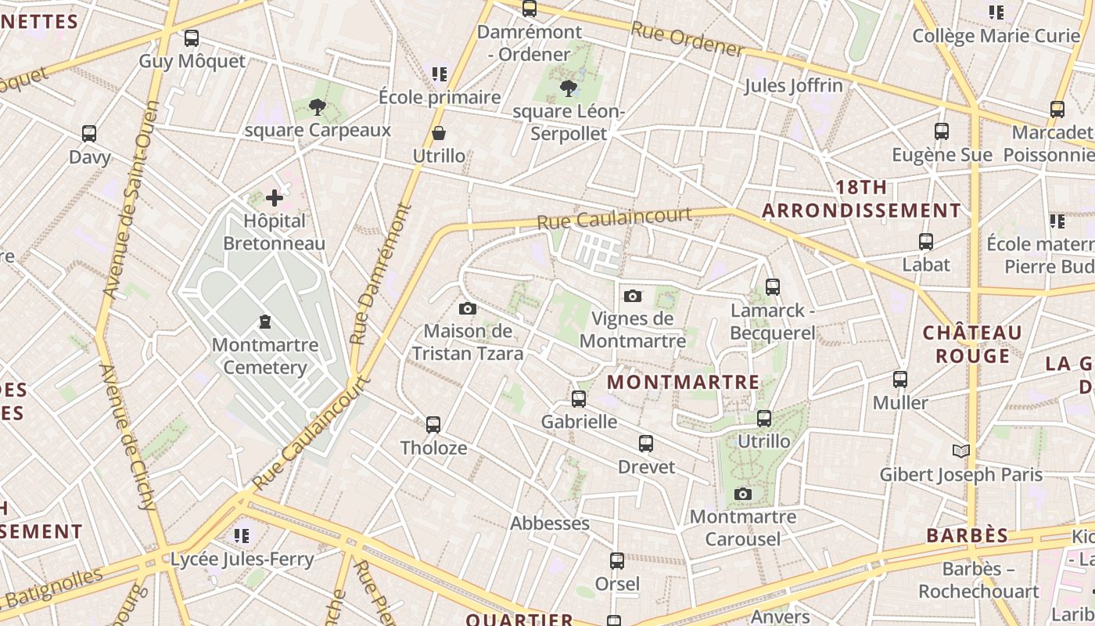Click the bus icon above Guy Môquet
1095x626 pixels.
tap(191, 38)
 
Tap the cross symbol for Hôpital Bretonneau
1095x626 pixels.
tap(274, 198)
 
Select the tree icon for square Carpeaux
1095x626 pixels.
tap(317, 107)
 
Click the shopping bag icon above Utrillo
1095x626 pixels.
tap(439, 133)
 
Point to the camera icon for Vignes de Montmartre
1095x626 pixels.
tap(633, 296)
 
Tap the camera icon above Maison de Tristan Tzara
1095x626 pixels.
tap(468, 308)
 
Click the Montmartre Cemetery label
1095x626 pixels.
tap(265, 356)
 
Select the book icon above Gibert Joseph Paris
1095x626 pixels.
tap(961, 451)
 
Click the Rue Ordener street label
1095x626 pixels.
tap(687, 39)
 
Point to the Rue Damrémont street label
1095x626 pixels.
tap(381, 274)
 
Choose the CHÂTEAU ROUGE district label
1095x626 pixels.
tap(972, 344)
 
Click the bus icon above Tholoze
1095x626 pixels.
tap(433, 424)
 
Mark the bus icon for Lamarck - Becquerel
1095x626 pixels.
tap(773, 286)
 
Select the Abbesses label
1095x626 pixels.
tap(550, 523)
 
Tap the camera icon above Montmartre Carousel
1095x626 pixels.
tap(743, 494)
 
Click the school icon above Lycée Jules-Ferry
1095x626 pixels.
tap(242, 535)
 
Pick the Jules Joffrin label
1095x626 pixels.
tap(793, 85)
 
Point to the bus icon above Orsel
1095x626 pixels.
tap(617, 560)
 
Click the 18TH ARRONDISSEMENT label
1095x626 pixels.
tap(861, 199)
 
